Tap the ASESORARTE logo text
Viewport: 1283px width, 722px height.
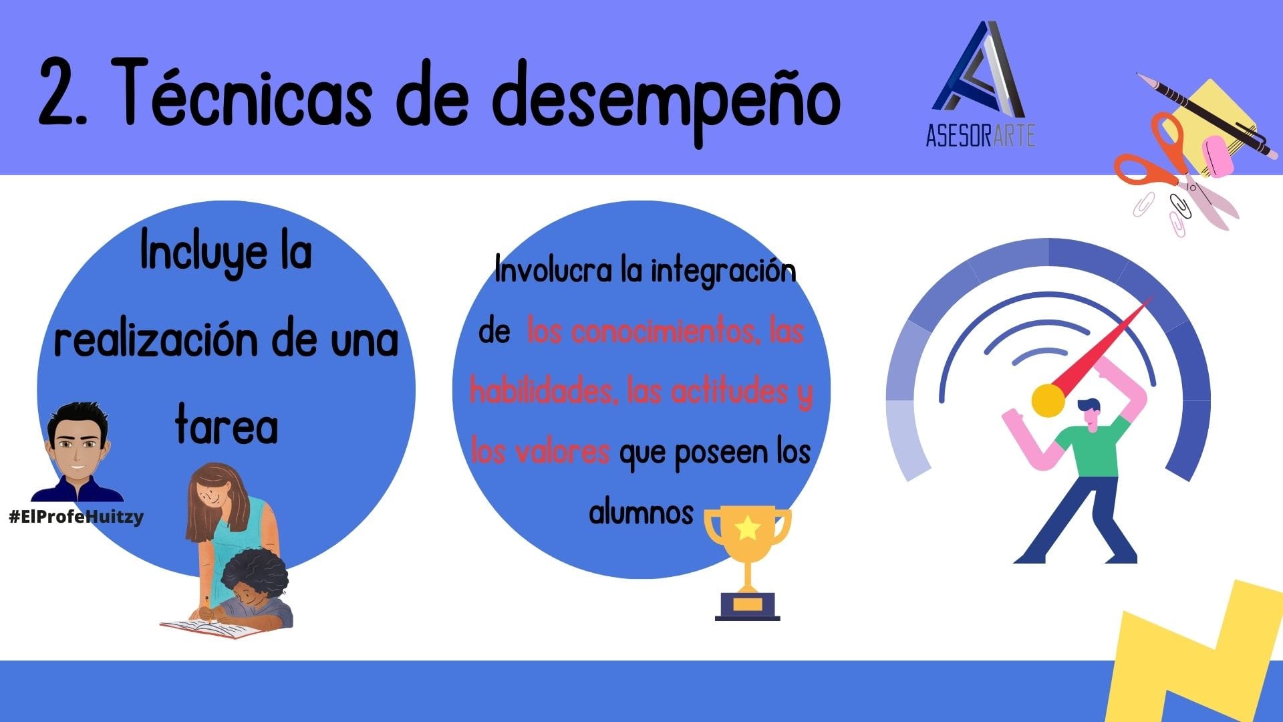point(980,136)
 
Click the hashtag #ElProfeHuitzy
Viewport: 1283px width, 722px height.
point(76,517)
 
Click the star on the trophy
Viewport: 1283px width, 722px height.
point(748,527)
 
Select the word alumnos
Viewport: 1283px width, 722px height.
point(641,513)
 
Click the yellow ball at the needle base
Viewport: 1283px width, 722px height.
point(1048,400)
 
